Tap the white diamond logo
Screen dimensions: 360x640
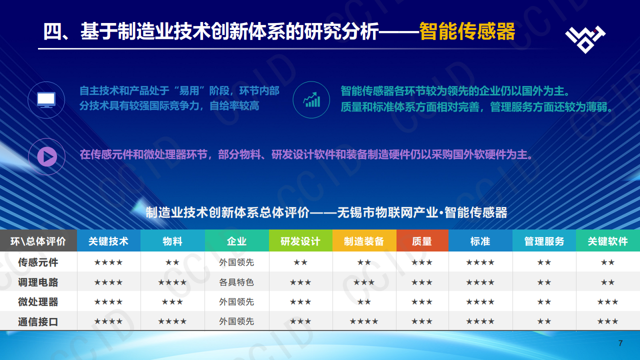pyautogui.click(x=585, y=38)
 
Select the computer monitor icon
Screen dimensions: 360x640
pyautogui.click(x=46, y=99)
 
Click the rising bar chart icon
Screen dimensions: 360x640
pyautogui.click(x=311, y=99)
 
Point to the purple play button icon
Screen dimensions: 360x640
pyautogui.click(x=46, y=156)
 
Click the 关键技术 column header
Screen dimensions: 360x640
pyautogui.click(x=108, y=241)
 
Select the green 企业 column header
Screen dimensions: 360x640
pyautogui.click(x=236, y=241)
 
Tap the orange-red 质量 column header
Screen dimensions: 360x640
pyautogui.click(x=422, y=241)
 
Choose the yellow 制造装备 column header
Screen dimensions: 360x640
pyautogui.click(x=364, y=241)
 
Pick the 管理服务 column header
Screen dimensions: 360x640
pyautogui.click(x=544, y=241)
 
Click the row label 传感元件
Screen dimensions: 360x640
pyautogui.click(x=38, y=262)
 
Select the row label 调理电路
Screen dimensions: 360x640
pyautogui.click(x=38, y=282)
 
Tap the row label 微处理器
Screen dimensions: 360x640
pyautogui.click(x=38, y=301)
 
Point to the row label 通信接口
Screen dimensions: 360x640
pyautogui.click(x=38, y=321)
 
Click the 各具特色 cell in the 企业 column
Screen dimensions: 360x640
pyautogui.click(x=236, y=282)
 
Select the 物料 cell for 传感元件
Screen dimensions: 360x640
pyautogui.click(x=172, y=262)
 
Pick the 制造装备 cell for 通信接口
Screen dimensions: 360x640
pyautogui.click(x=364, y=321)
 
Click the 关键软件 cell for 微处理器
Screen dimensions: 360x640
pyautogui.click(x=607, y=301)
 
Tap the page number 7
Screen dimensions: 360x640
pyautogui.click(x=620, y=343)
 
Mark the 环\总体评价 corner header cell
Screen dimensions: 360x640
pyautogui.click(x=38, y=241)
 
